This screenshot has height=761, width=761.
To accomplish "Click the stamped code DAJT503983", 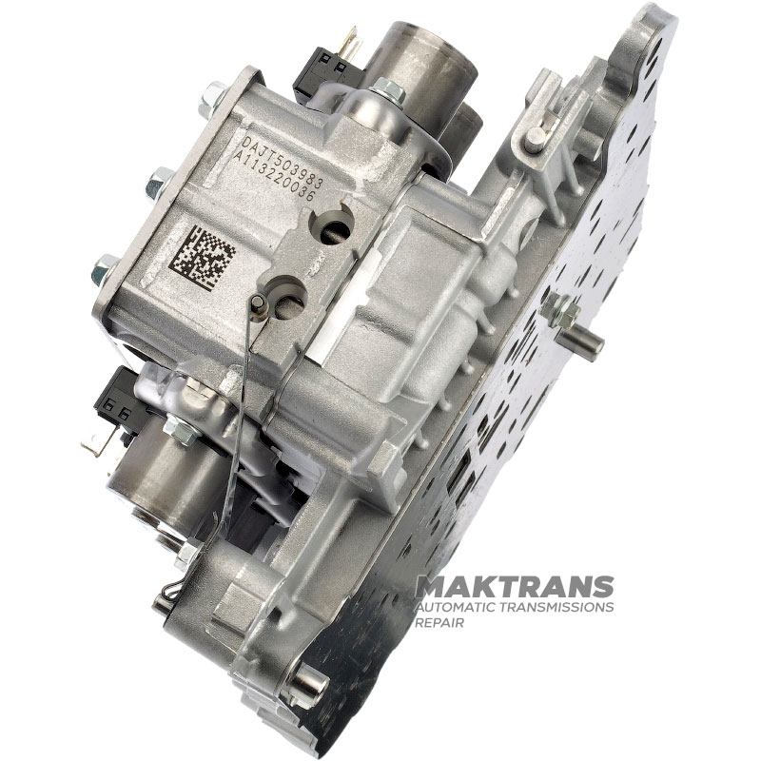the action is [282, 160].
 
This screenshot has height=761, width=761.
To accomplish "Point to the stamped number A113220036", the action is [275, 176].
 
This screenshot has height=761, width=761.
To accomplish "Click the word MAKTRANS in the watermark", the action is [515, 588].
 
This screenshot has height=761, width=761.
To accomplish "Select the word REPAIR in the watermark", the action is [439, 623].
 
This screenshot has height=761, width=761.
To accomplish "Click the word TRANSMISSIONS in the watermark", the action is [559, 607].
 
